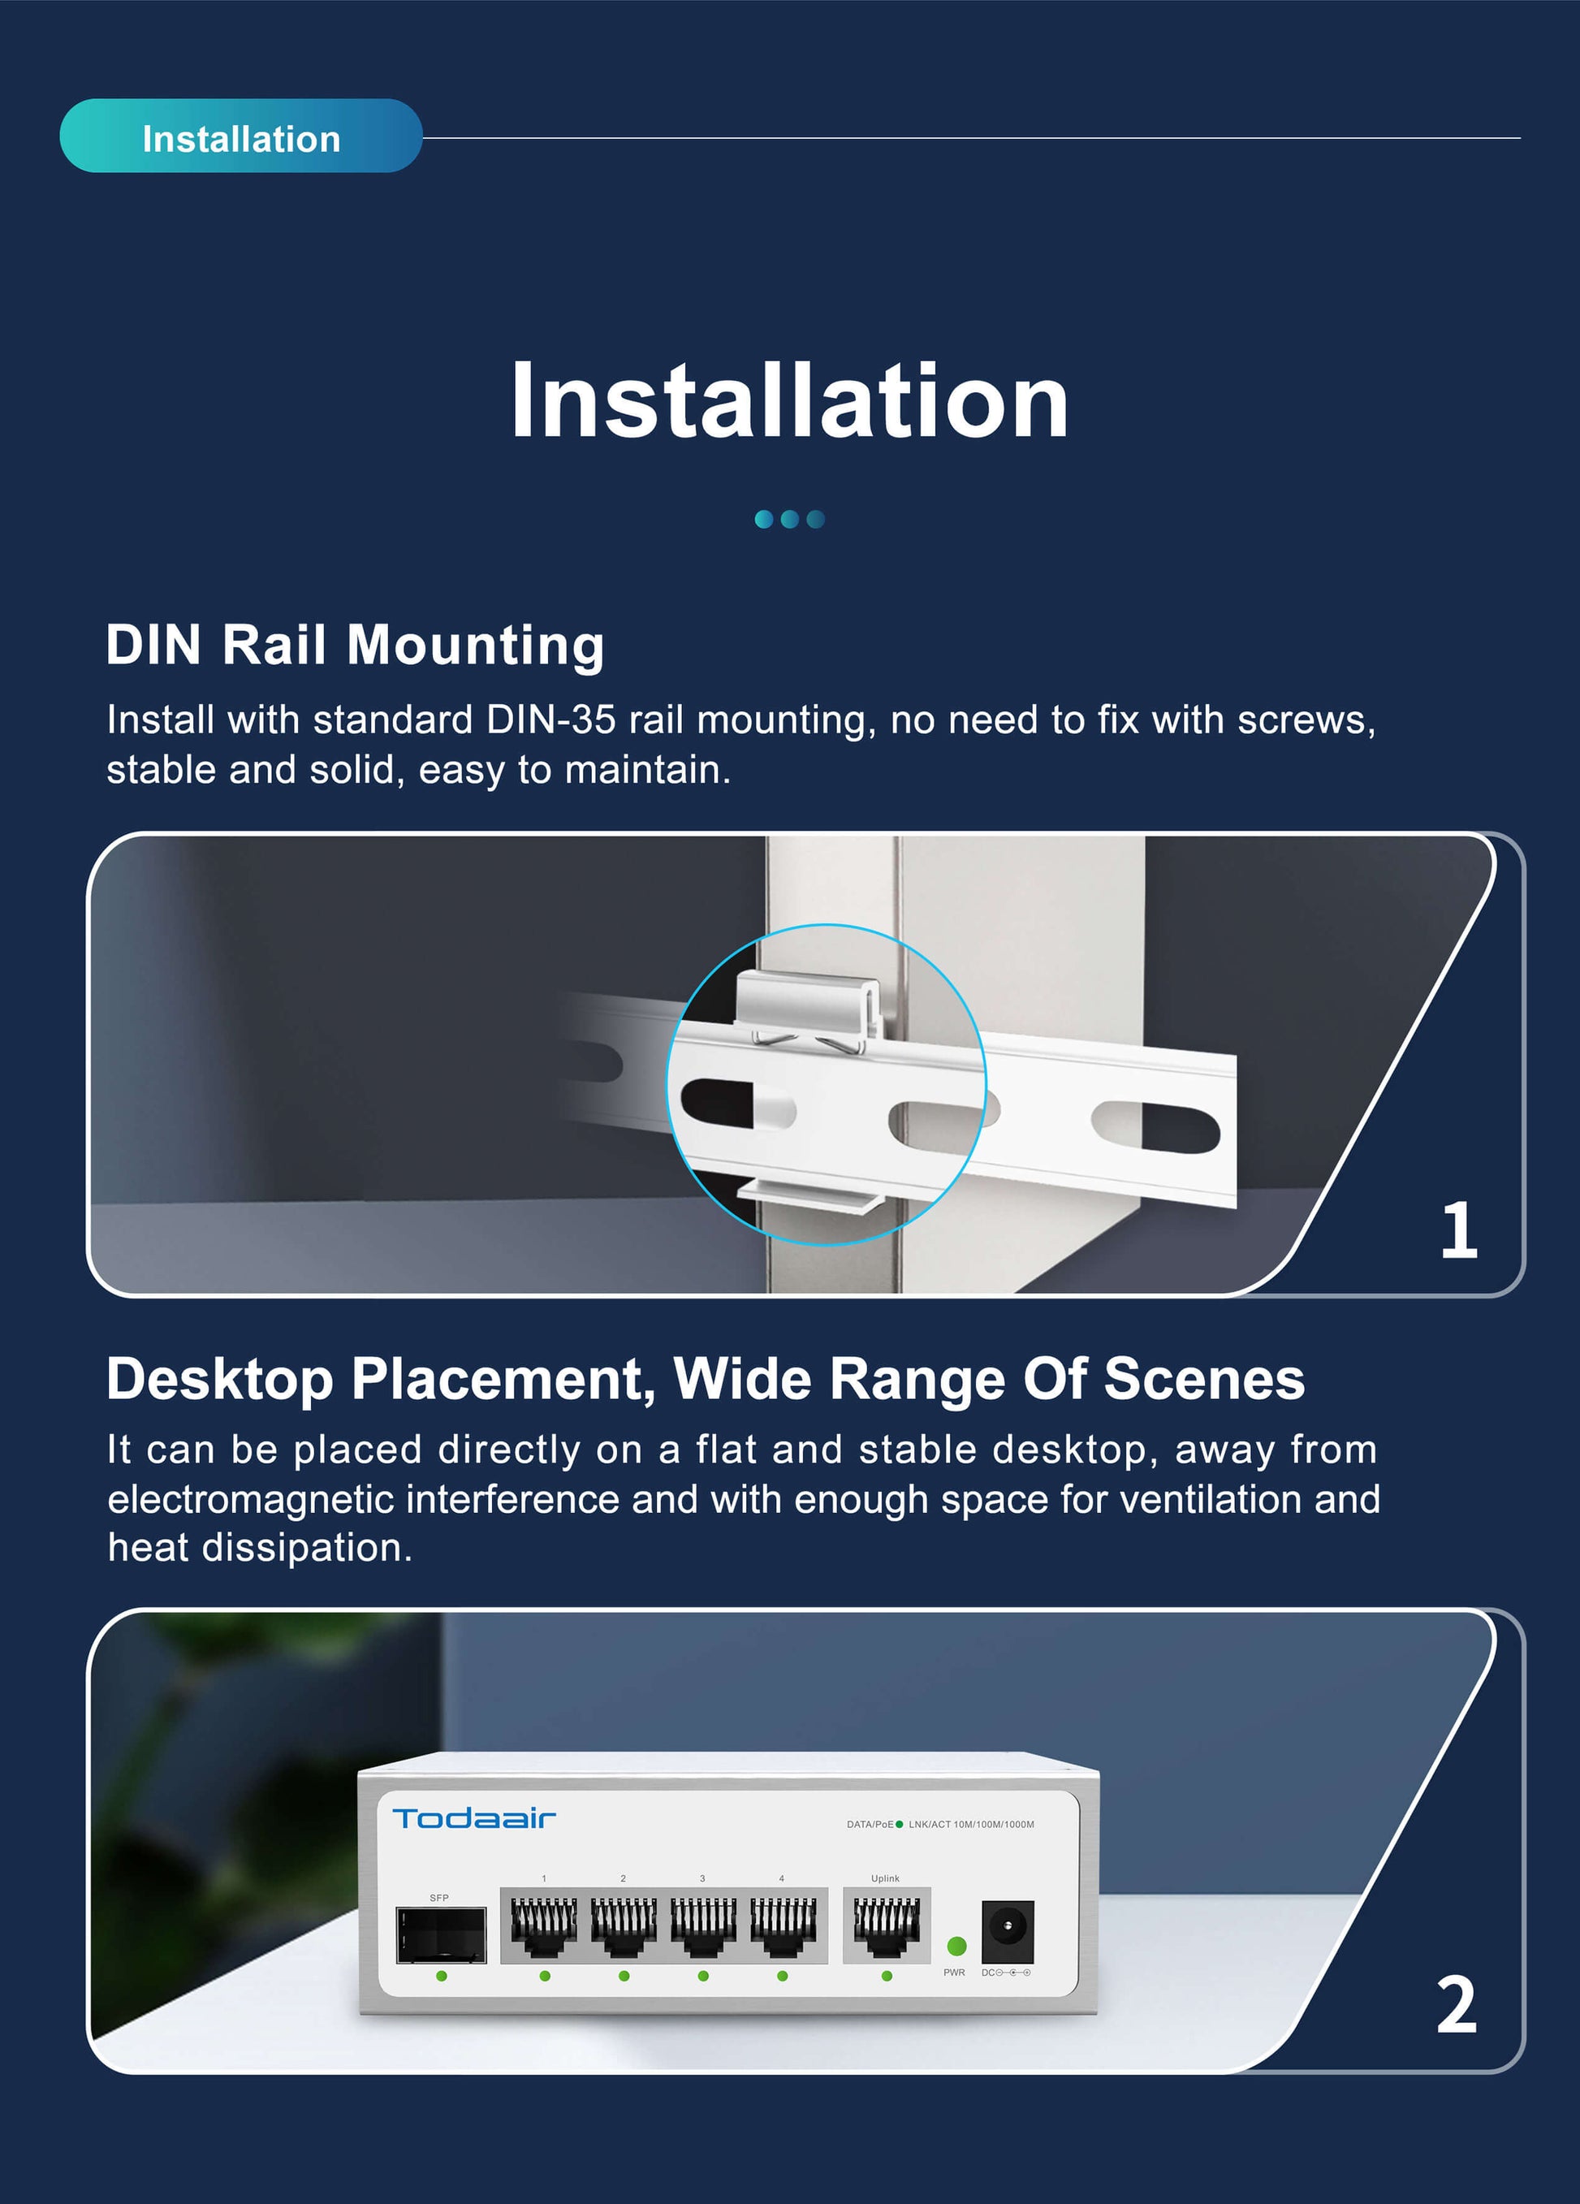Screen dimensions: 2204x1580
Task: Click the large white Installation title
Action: point(789,400)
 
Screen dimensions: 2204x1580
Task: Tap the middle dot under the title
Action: point(789,519)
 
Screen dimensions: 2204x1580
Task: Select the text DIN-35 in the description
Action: point(550,720)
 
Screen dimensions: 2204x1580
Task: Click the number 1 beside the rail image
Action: point(1457,1230)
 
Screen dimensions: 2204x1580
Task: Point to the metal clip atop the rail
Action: point(809,1002)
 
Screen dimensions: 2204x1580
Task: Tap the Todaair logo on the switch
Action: point(473,1818)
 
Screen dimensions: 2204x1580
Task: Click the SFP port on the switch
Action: point(441,1934)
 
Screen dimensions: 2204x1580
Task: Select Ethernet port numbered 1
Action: point(544,1927)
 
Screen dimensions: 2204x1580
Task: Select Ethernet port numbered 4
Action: point(782,1927)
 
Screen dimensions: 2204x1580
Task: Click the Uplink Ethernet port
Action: point(885,1927)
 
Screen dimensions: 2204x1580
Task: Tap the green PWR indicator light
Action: point(956,1946)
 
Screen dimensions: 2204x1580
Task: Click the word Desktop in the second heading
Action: point(219,1379)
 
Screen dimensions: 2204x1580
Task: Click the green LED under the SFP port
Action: point(441,1976)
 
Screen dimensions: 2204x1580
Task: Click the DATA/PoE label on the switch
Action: point(869,1824)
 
